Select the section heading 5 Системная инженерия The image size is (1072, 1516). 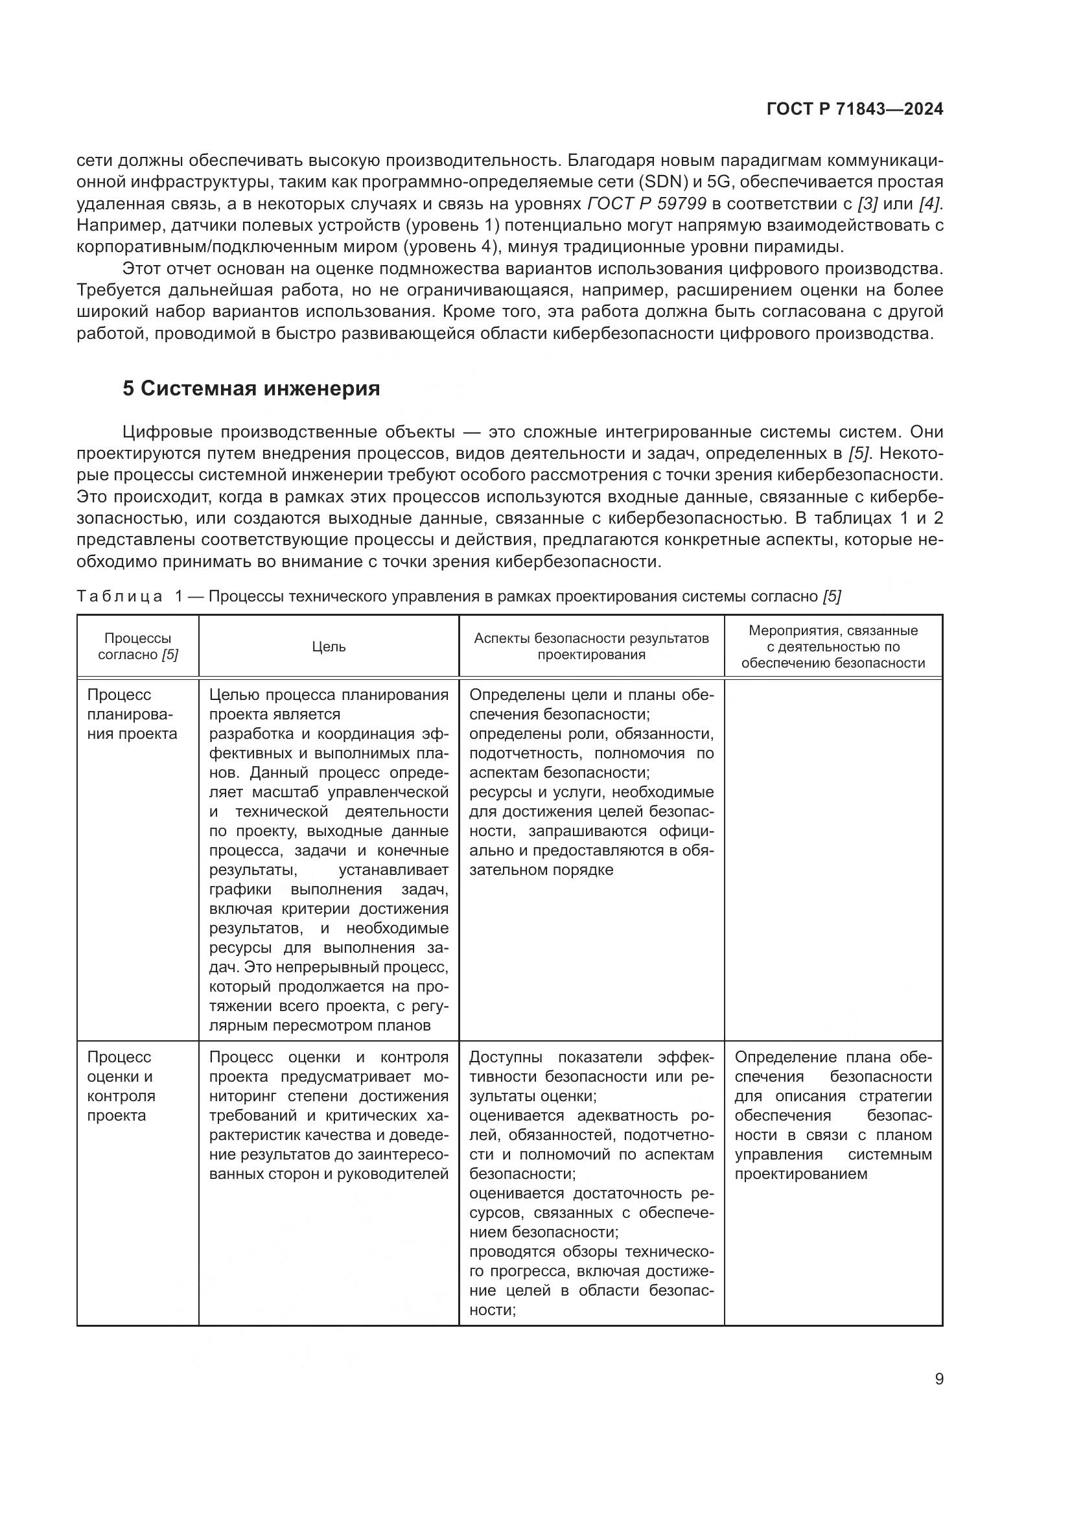[251, 388]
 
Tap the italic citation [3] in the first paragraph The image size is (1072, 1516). [867, 204]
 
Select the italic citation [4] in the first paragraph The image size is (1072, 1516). [929, 204]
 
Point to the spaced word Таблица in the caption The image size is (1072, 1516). [119, 596]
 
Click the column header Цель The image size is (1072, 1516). [329, 646]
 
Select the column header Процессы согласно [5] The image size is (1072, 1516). [137, 646]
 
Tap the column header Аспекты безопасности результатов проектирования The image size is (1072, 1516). [592, 646]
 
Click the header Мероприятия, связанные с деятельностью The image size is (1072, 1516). [833, 646]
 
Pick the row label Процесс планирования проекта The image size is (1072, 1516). [132, 714]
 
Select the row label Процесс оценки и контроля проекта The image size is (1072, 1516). [121, 1086]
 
